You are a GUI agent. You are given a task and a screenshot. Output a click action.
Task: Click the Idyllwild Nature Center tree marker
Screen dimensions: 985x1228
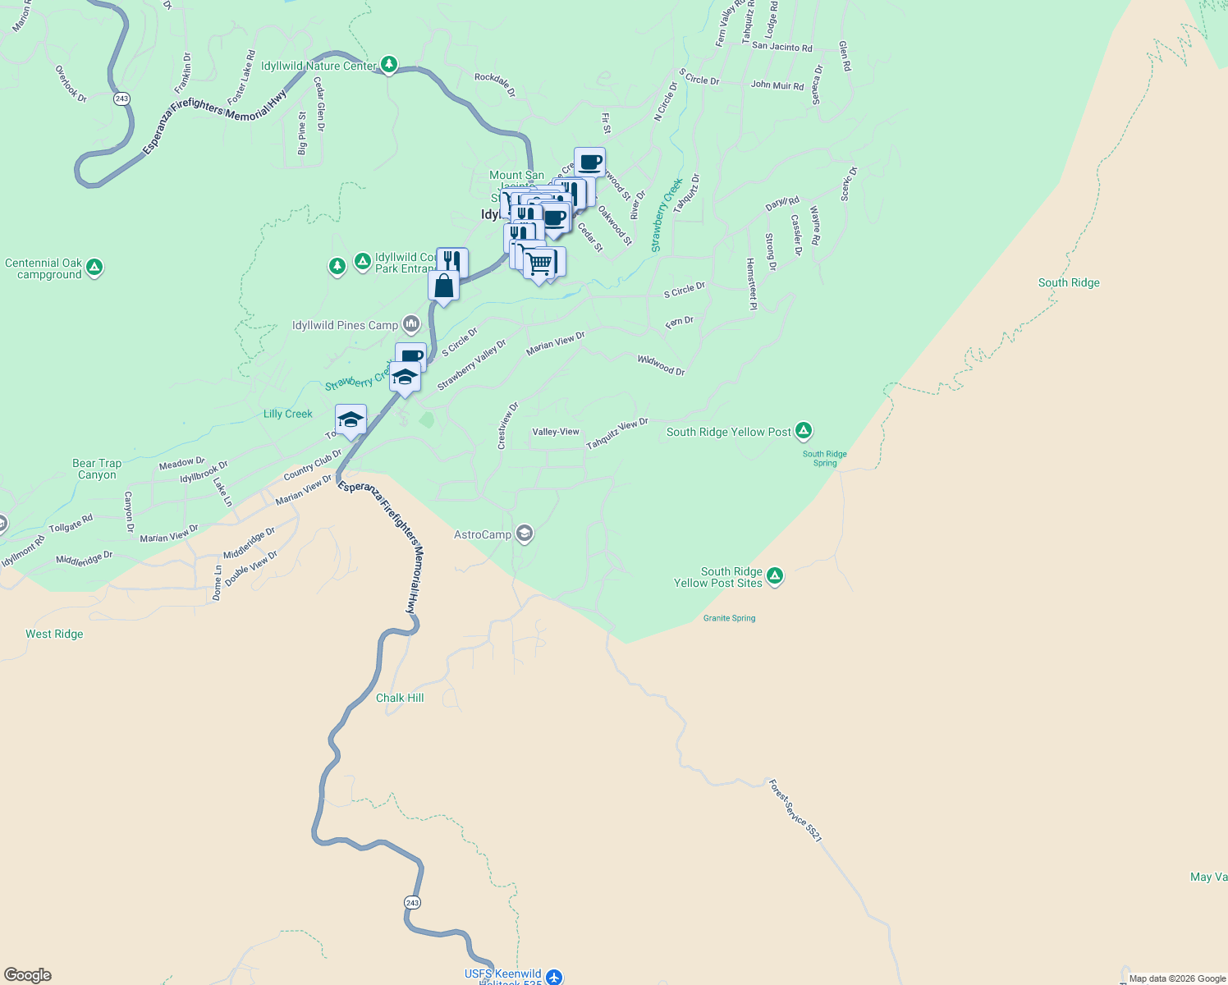pyautogui.click(x=389, y=65)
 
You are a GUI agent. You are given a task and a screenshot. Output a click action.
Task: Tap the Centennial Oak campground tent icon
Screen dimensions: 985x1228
pyautogui.click(x=94, y=267)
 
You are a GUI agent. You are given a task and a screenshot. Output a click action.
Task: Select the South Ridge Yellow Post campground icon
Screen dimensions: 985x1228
pyautogui.click(x=804, y=430)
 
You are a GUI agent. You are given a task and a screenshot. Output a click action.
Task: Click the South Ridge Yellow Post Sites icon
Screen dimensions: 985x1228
pyautogui.click(x=774, y=576)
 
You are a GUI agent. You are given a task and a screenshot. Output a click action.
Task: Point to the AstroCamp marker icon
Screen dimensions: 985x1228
pyautogui.click(x=525, y=534)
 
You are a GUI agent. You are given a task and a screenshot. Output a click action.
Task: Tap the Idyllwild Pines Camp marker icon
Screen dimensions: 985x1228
pyautogui.click(x=411, y=324)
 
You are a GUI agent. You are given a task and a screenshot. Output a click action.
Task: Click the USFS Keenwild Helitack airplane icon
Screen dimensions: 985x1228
pyautogui.click(x=554, y=977)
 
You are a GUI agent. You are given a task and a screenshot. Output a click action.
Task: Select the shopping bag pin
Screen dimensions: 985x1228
pyautogui.click(x=443, y=286)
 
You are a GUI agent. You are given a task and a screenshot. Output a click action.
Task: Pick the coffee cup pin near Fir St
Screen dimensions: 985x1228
pyautogui.click(x=589, y=162)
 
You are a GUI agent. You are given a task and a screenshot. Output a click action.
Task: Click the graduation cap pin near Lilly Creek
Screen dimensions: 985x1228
pyautogui.click(x=351, y=419)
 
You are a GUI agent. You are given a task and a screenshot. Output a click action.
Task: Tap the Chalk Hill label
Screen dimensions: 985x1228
pyautogui.click(x=400, y=698)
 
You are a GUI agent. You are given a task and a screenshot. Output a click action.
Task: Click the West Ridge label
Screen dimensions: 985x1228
pyautogui.click(x=54, y=634)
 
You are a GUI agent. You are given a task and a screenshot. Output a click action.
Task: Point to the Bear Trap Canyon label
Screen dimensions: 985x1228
pyautogui.click(x=97, y=469)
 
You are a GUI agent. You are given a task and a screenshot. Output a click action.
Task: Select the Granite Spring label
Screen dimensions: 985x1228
pyautogui.click(x=729, y=618)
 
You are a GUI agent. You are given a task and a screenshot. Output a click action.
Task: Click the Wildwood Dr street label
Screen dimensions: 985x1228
pyautogui.click(x=661, y=365)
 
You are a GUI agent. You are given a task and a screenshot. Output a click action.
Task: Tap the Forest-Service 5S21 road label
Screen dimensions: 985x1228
pyautogui.click(x=795, y=810)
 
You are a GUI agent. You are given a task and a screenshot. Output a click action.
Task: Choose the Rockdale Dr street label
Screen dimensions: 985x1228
pyautogui.click(x=495, y=84)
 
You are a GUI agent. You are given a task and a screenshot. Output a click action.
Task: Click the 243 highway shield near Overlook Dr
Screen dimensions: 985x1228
pyautogui.click(x=122, y=98)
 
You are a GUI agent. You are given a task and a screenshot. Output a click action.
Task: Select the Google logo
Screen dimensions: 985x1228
pyautogui.click(x=28, y=974)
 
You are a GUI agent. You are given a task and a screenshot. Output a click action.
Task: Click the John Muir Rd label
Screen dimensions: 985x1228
pyautogui.click(x=777, y=85)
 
